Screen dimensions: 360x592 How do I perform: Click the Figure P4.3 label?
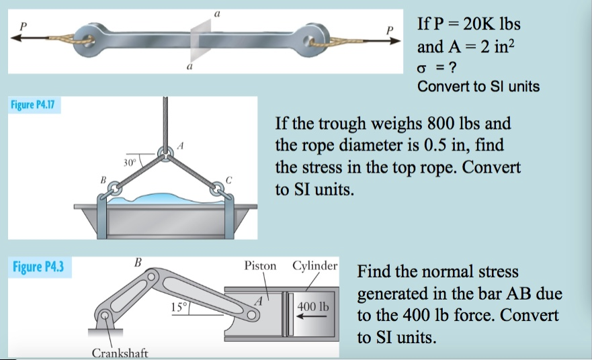(38, 267)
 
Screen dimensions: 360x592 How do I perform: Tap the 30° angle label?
(130, 162)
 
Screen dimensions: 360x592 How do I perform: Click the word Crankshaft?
(120, 353)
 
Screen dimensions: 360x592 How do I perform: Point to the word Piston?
(260, 265)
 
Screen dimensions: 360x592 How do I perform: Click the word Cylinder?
(314, 265)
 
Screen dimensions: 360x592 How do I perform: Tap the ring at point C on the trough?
(218, 189)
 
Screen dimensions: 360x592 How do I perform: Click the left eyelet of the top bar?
(87, 38)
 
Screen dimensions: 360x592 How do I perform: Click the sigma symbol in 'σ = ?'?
(422, 68)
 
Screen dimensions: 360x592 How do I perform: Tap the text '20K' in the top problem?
(476, 25)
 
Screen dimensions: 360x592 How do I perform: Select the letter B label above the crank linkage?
(138, 261)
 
